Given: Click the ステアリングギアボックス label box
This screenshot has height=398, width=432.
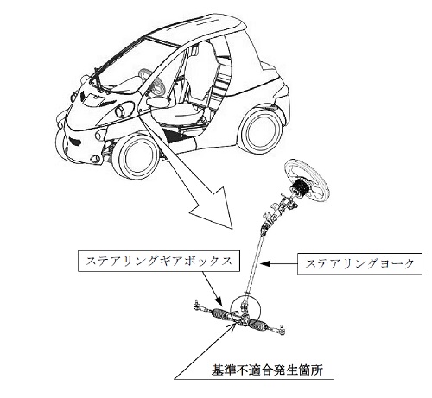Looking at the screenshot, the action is (x=159, y=262).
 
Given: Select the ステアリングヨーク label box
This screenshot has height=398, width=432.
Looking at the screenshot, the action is (x=359, y=263).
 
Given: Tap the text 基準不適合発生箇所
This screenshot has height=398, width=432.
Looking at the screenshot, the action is (x=267, y=370).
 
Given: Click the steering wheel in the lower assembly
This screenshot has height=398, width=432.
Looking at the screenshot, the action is (x=307, y=181).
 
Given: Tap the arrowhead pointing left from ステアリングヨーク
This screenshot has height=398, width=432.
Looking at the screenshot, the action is (x=265, y=263).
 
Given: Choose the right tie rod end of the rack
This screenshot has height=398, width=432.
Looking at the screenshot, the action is (x=281, y=327).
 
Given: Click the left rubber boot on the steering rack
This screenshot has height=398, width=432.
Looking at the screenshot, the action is (x=220, y=313).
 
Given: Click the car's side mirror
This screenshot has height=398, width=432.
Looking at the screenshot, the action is (x=157, y=102).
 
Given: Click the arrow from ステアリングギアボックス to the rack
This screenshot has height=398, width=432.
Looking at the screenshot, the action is (x=212, y=288).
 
